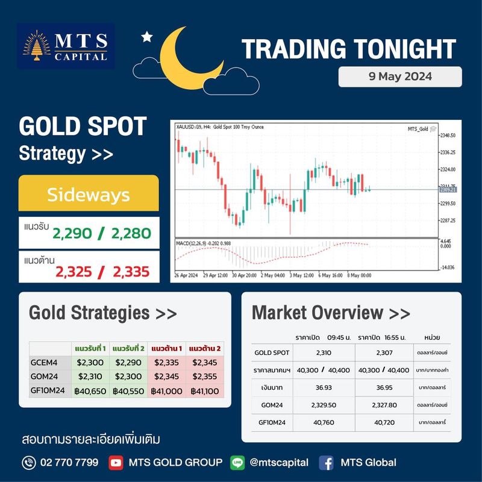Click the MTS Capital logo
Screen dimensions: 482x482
point(65,46)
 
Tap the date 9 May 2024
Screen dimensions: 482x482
point(400,77)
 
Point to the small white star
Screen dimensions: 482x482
point(146,37)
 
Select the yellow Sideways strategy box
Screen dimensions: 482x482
point(89,195)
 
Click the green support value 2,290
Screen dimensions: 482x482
point(74,233)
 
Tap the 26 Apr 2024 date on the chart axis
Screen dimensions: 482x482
point(186,275)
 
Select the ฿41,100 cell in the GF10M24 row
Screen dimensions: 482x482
point(204,391)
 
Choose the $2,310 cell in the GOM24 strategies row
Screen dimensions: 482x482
point(90,377)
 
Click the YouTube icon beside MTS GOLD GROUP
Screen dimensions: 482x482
point(116,463)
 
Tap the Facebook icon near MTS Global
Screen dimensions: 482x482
point(327,463)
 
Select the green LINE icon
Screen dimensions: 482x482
point(238,463)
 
